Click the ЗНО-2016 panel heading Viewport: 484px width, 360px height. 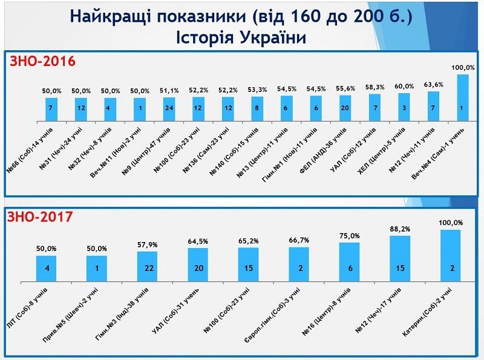[41, 61]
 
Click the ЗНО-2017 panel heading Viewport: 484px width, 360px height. [41, 216]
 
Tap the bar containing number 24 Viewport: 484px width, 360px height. [169, 106]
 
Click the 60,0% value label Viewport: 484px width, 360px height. [405, 87]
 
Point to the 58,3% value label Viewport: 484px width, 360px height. [375, 88]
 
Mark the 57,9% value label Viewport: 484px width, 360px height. [148, 244]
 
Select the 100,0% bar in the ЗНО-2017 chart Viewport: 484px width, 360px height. [451, 255]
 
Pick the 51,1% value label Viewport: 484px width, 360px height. [169, 91]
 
